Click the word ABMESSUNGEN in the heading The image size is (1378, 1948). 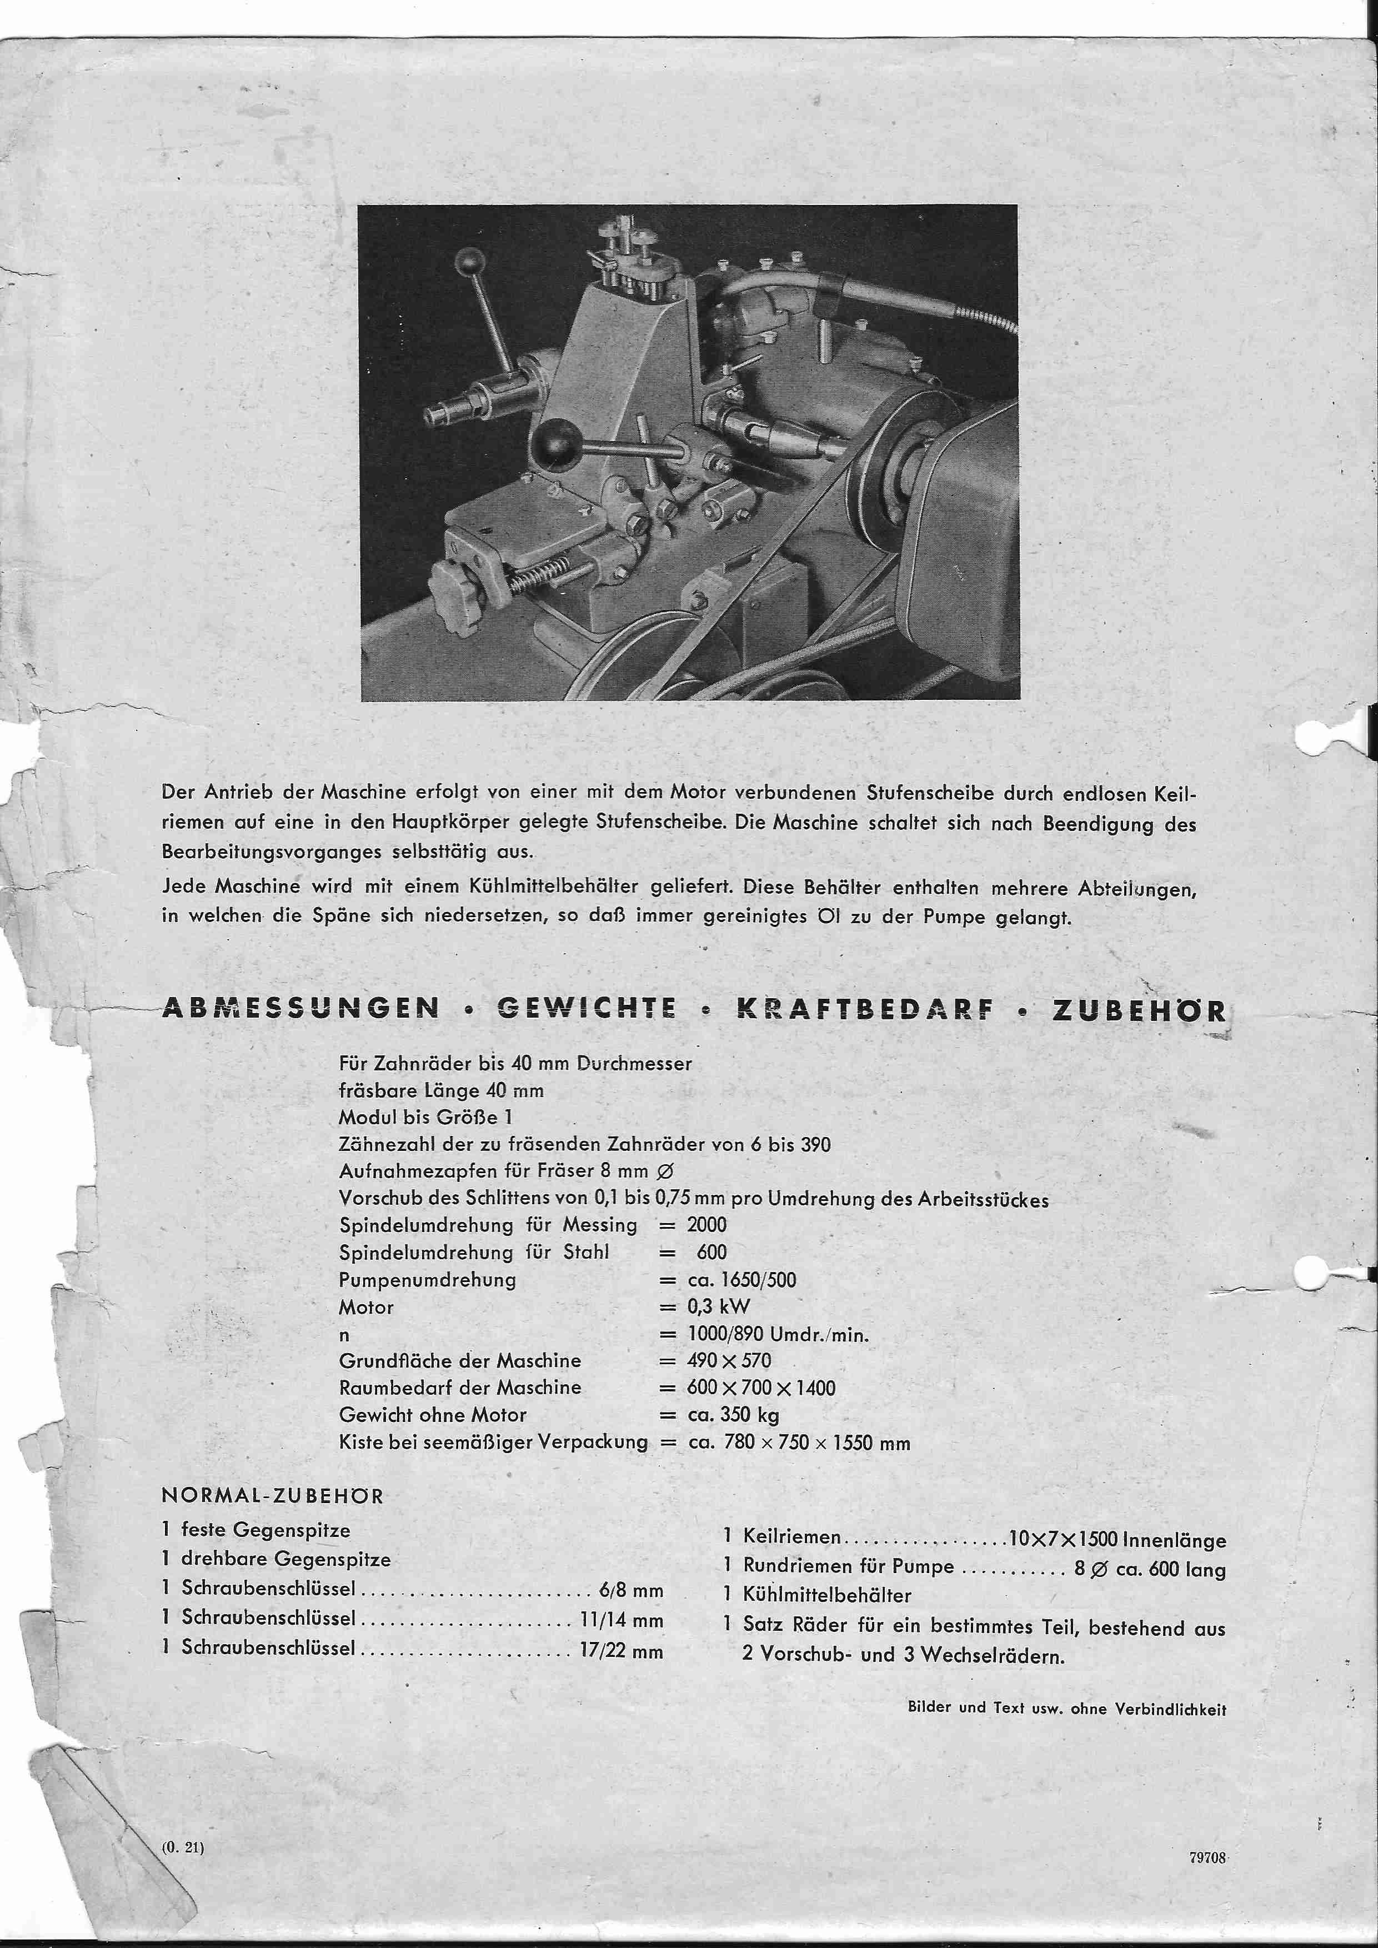pos(300,1008)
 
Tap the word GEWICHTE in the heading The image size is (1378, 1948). pos(587,1008)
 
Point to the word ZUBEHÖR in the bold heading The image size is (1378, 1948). pos(1139,1010)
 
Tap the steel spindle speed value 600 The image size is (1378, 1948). pos(712,1252)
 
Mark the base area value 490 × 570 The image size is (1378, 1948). pos(729,1361)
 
